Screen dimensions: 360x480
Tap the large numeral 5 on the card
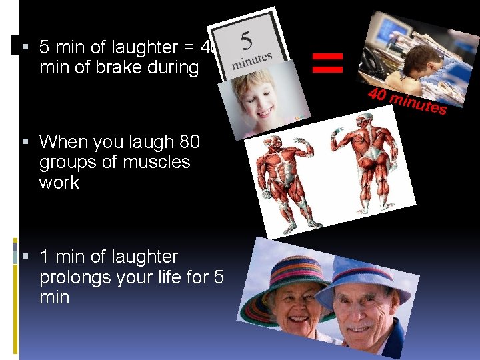tap(246, 42)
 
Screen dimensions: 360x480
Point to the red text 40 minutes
tap(406, 101)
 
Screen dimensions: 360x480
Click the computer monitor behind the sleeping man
tap(391, 29)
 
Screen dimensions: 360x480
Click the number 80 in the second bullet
tap(190, 142)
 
